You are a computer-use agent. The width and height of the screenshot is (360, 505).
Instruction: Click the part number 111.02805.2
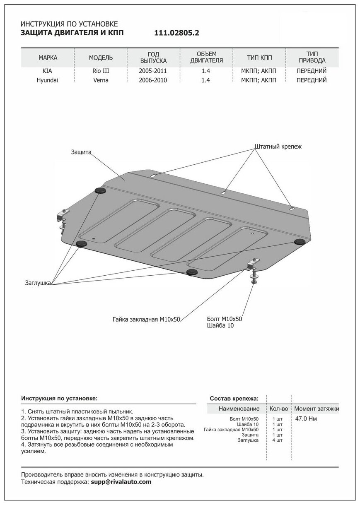tap(177, 33)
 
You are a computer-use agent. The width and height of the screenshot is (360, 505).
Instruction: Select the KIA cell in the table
tap(48, 71)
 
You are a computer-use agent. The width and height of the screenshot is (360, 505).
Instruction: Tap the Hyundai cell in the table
tap(48, 80)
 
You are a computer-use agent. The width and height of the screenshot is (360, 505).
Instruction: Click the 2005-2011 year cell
tap(153, 71)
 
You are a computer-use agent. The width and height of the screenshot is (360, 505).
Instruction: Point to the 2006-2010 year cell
tap(153, 80)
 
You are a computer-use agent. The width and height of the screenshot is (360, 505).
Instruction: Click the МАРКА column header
tap(48, 58)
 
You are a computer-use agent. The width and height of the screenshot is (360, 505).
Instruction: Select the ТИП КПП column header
tap(260, 58)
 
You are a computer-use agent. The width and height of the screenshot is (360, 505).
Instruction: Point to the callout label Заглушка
tap(37, 283)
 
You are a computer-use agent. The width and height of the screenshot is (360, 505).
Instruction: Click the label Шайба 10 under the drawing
tap(218, 326)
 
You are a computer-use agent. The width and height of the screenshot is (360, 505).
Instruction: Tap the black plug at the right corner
tap(299, 241)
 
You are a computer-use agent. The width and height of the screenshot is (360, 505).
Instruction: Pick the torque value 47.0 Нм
tap(306, 419)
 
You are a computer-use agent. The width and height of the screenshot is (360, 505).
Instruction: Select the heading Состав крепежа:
tap(234, 399)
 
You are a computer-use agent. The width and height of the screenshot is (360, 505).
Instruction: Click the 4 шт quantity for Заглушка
tap(278, 440)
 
